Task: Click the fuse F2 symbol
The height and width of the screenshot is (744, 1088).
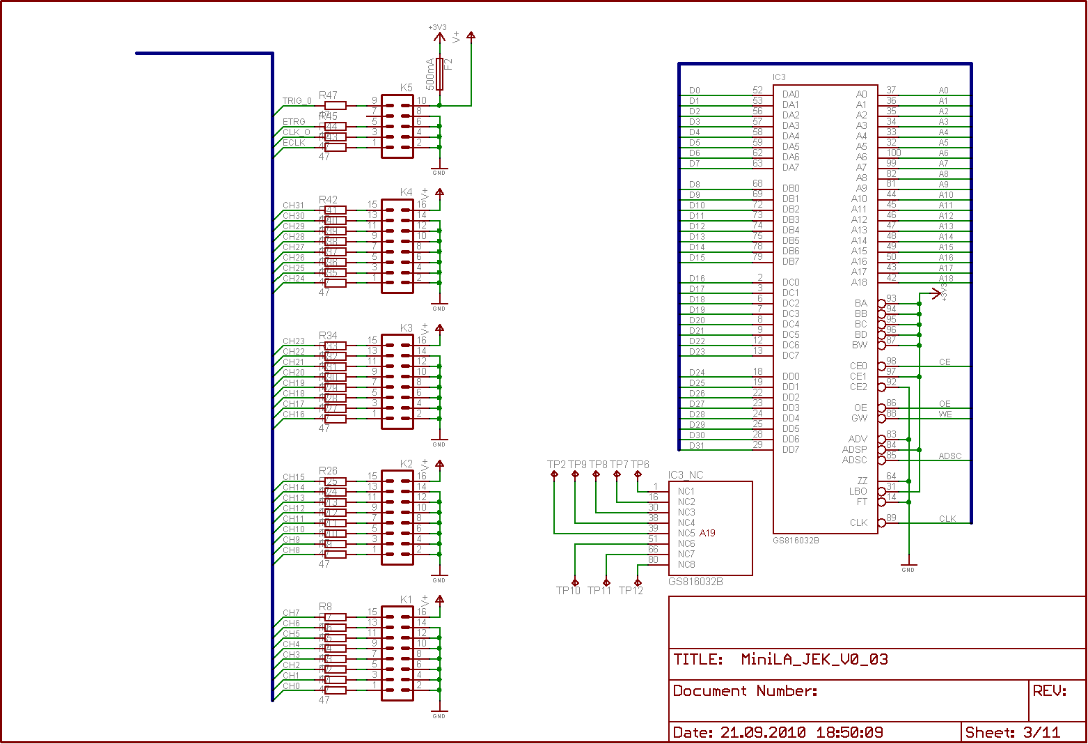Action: [439, 73]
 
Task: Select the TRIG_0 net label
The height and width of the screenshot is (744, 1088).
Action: [297, 101]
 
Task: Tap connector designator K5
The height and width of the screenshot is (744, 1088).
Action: [407, 88]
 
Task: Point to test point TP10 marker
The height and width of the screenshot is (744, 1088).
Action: [575, 582]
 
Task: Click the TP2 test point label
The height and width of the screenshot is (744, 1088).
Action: [556, 465]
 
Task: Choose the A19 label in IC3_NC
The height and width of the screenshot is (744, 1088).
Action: [707, 533]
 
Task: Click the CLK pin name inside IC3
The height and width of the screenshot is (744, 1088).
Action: [858, 522]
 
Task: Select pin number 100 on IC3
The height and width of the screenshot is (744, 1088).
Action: [894, 153]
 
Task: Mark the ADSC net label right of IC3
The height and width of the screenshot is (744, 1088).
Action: [949, 456]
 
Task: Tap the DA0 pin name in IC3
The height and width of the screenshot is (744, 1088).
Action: [791, 94]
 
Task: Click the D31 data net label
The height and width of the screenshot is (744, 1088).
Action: [697, 446]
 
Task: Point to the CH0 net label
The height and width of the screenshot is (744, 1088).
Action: [292, 686]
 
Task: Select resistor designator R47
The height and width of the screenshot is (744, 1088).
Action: [328, 95]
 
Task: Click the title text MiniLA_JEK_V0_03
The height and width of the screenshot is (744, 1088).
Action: [814, 659]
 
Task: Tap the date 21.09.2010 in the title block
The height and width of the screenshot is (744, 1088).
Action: [763, 732]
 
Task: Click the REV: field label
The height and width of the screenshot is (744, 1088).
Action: [1050, 690]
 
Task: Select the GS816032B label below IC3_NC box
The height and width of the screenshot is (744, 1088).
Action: [695, 582]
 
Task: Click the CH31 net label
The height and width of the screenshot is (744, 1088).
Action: [294, 206]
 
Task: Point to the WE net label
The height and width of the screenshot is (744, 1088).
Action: [945, 414]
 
